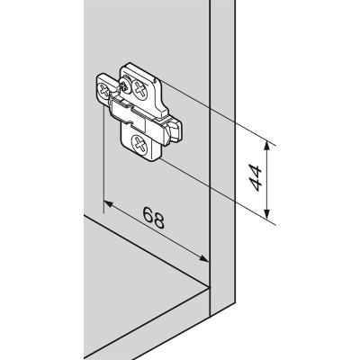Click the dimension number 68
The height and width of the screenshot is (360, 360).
(153, 218)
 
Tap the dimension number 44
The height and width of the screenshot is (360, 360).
(256, 177)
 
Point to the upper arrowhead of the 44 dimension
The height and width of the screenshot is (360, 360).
(267, 148)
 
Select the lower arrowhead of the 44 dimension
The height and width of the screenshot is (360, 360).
(267, 213)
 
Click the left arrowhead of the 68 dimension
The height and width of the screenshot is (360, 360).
(108, 204)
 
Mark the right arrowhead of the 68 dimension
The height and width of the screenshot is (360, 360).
(203, 258)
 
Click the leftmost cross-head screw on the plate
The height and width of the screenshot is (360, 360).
(103, 90)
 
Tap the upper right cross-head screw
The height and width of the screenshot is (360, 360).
(140, 89)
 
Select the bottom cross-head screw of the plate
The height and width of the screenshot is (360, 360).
(139, 145)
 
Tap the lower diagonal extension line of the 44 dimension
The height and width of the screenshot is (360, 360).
(217, 192)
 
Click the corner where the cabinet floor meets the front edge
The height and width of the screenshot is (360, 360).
(209, 287)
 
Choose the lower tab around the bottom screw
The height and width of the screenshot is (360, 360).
(140, 142)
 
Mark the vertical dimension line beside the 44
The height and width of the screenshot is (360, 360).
(267, 180)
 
